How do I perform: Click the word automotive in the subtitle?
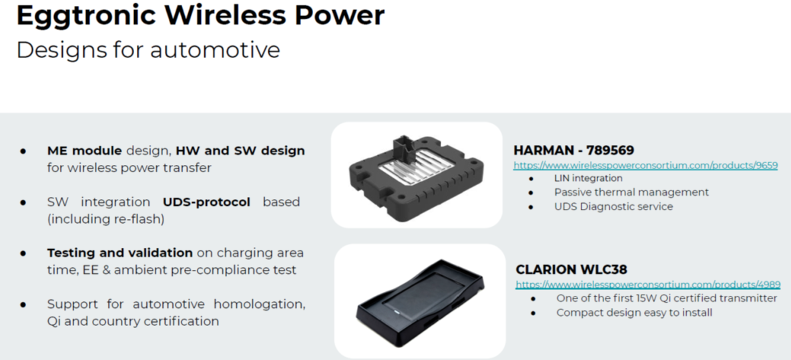215,51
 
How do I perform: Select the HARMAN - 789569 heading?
573,150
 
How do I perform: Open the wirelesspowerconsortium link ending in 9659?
645,165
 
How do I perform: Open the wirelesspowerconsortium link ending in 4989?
647,285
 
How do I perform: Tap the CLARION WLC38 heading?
571,269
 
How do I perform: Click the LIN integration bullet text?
588,178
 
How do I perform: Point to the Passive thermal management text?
631,192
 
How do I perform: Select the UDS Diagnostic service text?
613,206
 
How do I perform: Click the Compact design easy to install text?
634,313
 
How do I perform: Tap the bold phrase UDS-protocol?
206,202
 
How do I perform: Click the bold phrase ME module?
84,150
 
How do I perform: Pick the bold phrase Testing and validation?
120,252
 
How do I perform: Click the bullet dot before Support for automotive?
23,305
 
